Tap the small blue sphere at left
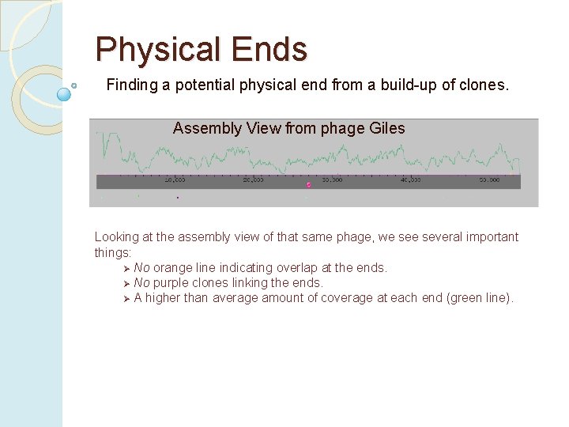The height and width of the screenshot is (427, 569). click(x=65, y=94)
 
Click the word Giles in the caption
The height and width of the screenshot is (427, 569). click(x=386, y=128)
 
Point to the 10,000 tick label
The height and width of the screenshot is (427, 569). click(x=175, y=179)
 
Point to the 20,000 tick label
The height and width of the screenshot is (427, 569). click(x=253, y=179)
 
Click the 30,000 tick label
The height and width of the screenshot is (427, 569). click(x=332, y=179)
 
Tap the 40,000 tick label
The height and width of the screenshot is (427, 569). click(x=410, y=179)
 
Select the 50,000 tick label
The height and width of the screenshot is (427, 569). click(x=489, y=179)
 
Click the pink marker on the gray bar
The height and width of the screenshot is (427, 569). click(x=309, y=185)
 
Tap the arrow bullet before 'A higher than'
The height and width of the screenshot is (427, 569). click(x=126, y=298)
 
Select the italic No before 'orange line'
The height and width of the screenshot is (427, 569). click(x=141, y=268)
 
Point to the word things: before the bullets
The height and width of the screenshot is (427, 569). click(x=113, y=253)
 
